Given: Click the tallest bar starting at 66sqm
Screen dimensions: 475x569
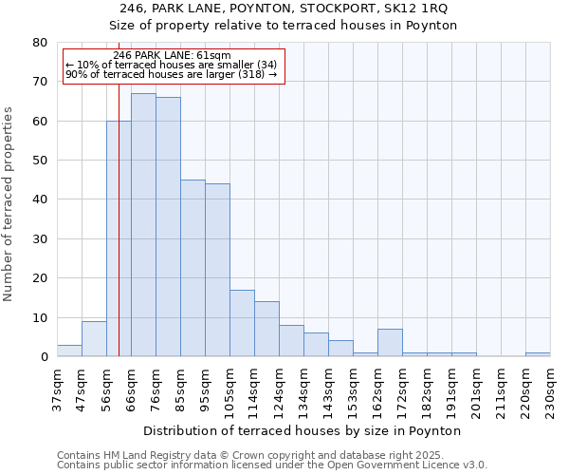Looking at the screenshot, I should click(x=143, y=225).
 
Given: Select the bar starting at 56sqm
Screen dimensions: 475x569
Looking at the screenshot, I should click(x=119, y=238).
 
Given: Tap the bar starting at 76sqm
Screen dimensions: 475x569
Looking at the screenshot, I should click(x=168, y=227).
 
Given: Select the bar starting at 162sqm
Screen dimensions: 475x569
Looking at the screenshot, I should click(x=390, y=343).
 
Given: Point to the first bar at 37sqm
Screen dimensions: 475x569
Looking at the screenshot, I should click(x=69, y=351).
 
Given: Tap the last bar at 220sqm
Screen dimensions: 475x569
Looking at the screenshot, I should click(x=538, y=354).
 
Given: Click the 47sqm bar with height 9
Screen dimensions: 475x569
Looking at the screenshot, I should click(x=94, y=339).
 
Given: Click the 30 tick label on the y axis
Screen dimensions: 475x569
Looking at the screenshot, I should click(x=40, y=239).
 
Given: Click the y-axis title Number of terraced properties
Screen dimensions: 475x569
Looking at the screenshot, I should click(x=9, y=204).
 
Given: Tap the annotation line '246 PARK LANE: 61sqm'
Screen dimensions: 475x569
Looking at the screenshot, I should click(x=172, y=56).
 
